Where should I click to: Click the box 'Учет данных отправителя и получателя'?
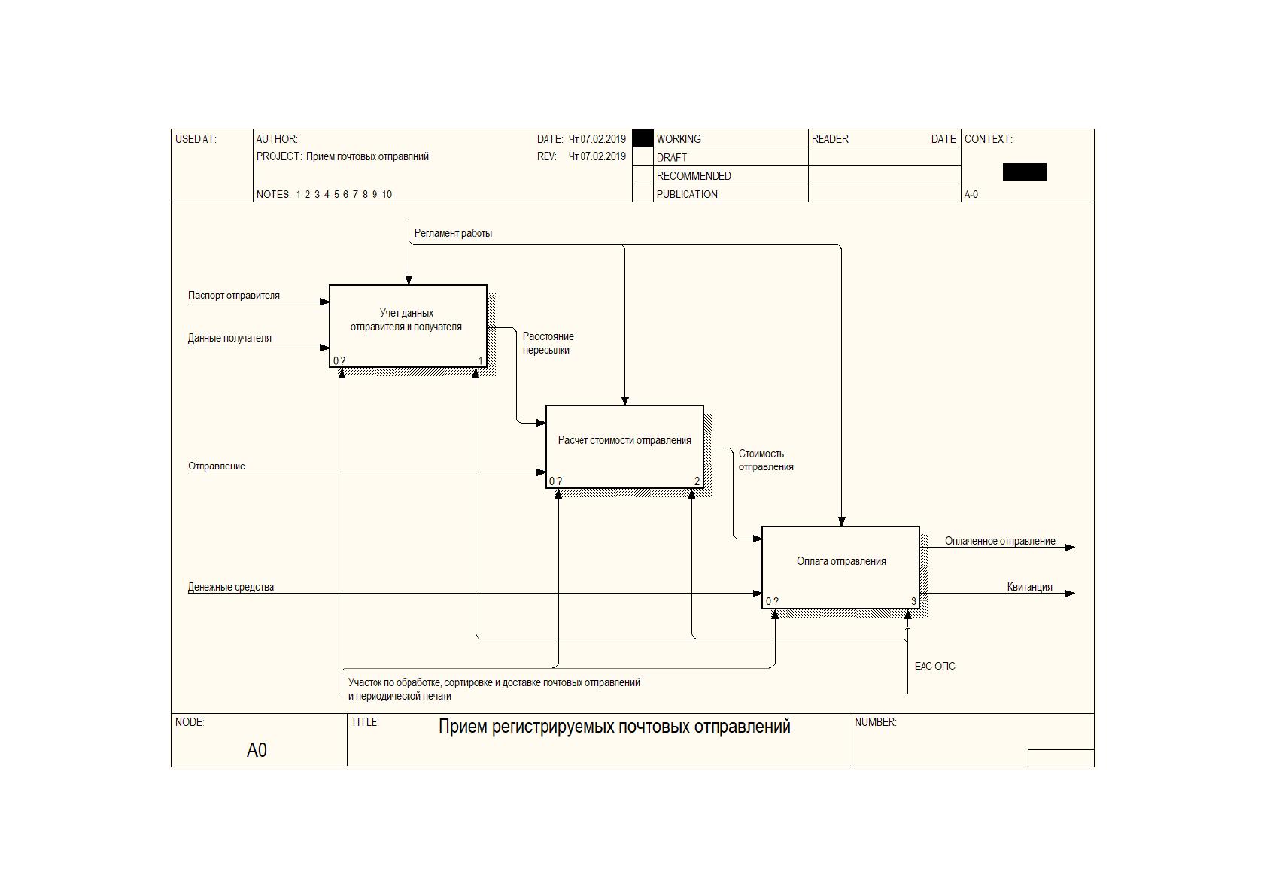(x=408, y=327)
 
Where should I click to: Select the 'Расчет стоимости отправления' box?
(x=624, y=447)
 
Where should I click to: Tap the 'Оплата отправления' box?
(x=840, y=568)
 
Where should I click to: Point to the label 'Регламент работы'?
(x=453, y=234)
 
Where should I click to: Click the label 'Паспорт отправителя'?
(x=233, y=295)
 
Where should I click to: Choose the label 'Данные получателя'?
(x=229, y=339)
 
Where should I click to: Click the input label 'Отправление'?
(x=217, y=466)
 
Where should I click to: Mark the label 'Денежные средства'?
(x=231, y=587)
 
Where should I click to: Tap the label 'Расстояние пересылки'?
(x=548, y=343)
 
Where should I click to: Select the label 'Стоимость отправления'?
(x=766, y=460)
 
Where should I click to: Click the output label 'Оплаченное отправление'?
(x=1000, y=542)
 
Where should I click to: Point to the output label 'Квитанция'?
(x=1029, y=587)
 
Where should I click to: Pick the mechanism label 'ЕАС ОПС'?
(x=935, y=667)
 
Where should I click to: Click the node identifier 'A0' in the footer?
(x=257, y=750)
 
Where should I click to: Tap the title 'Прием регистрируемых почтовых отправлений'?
(x=614, y=727)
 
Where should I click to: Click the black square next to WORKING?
(x=643, y=138)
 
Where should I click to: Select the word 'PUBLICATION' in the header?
(x=687, y=194)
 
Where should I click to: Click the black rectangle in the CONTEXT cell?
(x=1024, y=172)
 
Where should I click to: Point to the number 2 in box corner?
(x=697, y=481)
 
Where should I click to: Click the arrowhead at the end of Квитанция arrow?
(x=1070, y=594)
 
